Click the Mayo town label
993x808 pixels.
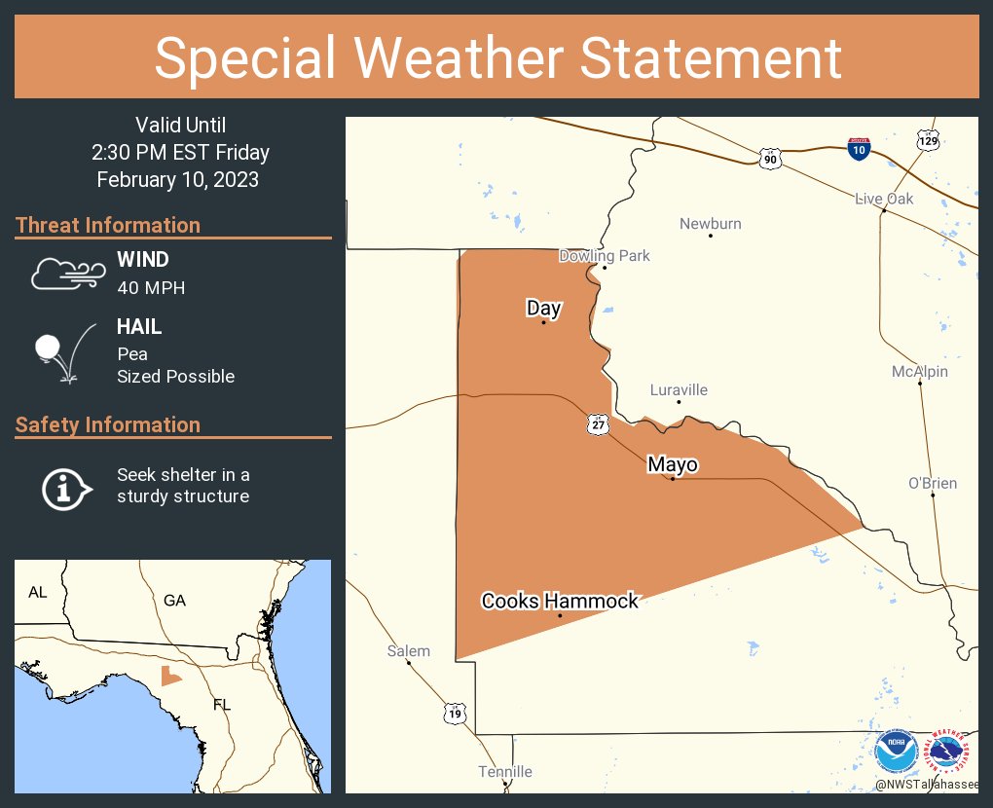click(x=673, y=465)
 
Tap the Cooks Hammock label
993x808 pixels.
click(x=560, y=601)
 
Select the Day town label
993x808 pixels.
click(x=544, y=309)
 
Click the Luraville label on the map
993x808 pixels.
click(x=679, y=390)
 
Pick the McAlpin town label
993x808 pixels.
click(x=919, y=372)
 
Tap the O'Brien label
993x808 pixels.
click(x=932, y=483)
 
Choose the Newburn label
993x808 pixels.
click(x=711, y=224)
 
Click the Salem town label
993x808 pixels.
click(x=408, y=651)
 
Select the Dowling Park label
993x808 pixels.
click(x=604, y=256)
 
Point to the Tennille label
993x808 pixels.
click(x=505, y=772)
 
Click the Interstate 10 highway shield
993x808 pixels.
click(x=858, y=148)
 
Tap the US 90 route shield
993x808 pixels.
click(x=770, y=156)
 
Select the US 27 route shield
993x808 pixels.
click(x=598, y=422)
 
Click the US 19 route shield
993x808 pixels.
click(x=456, y=714)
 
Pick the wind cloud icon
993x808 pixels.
click(x=66, y=274)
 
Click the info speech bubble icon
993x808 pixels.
click(x=66, y=488)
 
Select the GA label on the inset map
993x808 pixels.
click(x=174, y=601)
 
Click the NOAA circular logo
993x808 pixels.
click(x=895, y=752)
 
